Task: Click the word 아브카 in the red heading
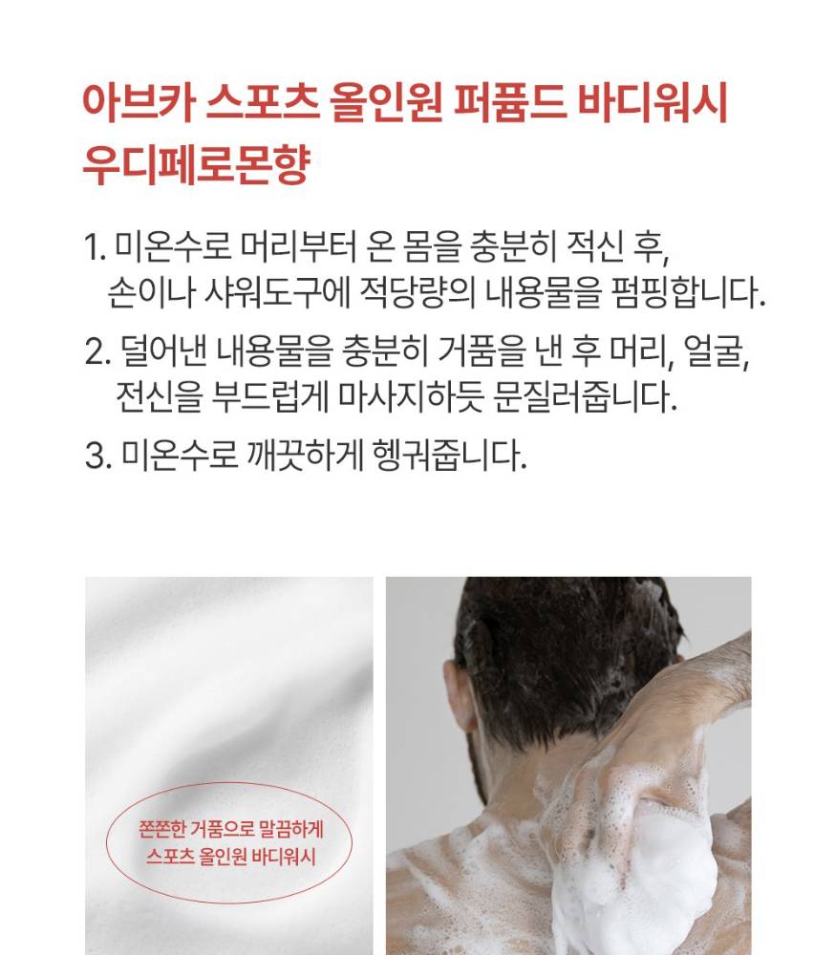pyautogui.click(x=139, y=102)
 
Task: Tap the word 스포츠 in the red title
pyautogui.click(x=263, y=102)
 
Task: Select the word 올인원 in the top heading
pyautogui.click(x=386, y=102)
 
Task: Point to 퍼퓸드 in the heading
pyautogui.click(x=510, y=102)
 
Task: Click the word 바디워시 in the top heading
pyautogui.click(x=653, y=102)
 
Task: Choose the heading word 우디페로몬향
pyautogui.click(x=196, y=164)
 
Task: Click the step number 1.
pyautogui.click(x=94, y=248)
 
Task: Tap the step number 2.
pyautogui.click(x=98, y=351)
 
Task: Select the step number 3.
pyautogui.click(x=98, y=456)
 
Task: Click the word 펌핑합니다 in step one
pyautogui.click(x=688, y=293)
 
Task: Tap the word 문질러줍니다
pyautogui.click(x=585, y=396)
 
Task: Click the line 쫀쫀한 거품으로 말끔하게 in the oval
pyautogui.click(x=231, y=829)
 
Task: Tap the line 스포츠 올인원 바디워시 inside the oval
pyautogui.click(x=231, y=856)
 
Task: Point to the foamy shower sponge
pyautogui.click(x=633, y=883)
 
